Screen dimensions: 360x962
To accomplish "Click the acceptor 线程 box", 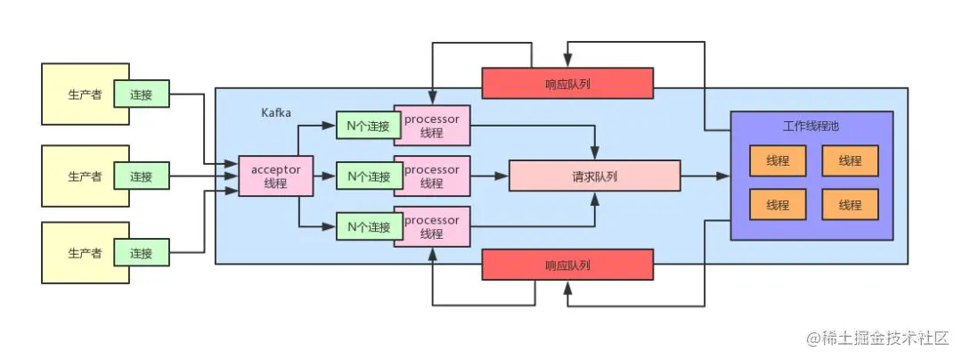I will coord(275,176).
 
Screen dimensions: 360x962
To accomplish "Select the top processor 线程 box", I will coord(432,127).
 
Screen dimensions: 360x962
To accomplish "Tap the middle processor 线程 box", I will coord(432,176).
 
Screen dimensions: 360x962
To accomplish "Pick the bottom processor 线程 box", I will coord(432,227).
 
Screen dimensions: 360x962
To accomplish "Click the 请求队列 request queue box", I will coord(594,176).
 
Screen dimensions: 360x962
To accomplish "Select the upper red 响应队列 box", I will coord(567,83).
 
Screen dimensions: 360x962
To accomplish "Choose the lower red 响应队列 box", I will coord(567,266).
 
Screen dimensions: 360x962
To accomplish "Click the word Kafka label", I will coord(278,113).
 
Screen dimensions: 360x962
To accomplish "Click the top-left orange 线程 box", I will coord(778,160).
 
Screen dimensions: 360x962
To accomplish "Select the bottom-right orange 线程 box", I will coord(850,205).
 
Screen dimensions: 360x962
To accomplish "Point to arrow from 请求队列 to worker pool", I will coord(705,176).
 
